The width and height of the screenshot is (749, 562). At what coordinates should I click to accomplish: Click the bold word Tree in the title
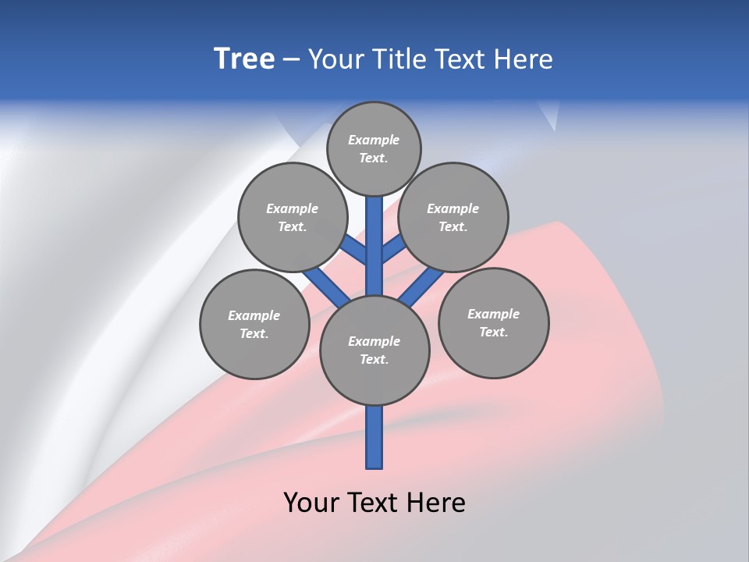244,59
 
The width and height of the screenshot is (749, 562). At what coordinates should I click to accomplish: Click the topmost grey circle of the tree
374,148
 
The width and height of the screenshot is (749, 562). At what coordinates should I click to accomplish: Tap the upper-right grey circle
453,217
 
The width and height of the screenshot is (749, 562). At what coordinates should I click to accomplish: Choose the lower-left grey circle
254,324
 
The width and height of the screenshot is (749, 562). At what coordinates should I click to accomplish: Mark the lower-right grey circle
494,322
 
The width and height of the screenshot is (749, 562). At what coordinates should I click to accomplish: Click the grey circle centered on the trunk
374,350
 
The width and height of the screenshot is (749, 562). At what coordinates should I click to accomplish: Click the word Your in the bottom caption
310,502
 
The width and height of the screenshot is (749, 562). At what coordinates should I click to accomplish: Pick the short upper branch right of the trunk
392,249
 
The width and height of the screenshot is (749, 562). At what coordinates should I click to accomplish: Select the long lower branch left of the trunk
326,287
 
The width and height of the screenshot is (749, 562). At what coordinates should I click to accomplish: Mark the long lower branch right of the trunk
421,287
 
